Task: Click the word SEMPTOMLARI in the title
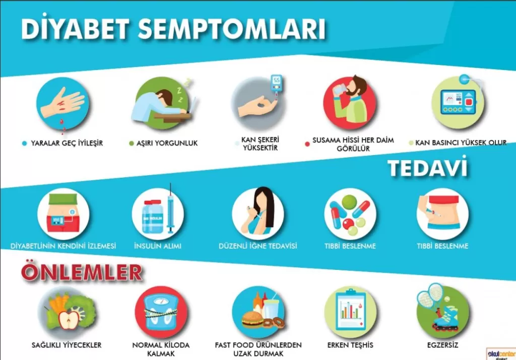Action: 232,29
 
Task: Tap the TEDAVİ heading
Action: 428,168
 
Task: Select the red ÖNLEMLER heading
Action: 82,272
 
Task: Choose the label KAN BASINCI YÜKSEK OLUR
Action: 461,142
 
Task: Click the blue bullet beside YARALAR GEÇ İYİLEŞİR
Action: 24,143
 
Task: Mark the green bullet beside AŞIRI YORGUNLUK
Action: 132,143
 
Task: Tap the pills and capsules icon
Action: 350,213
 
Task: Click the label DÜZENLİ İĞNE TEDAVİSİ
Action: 257,246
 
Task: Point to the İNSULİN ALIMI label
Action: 158,246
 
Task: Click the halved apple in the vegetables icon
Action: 69,320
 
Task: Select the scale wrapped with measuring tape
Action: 161,312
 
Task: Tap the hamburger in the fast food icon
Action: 252,319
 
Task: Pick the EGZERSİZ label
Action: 442,345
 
